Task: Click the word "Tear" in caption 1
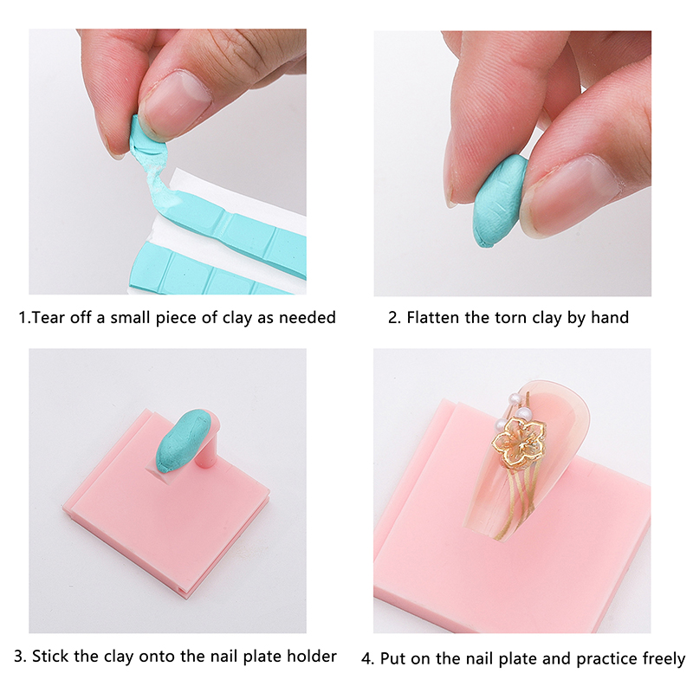(x=47, y=317)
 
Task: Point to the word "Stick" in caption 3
(x=50, y=656)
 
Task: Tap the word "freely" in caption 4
(x=664, y=659)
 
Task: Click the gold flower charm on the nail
(x=519, y=442)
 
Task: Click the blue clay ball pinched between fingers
(x=499, y=201)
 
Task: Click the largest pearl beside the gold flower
(x=524, y=415)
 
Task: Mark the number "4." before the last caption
(x=367, y=659)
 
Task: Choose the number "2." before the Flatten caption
(x=394, y=317)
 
